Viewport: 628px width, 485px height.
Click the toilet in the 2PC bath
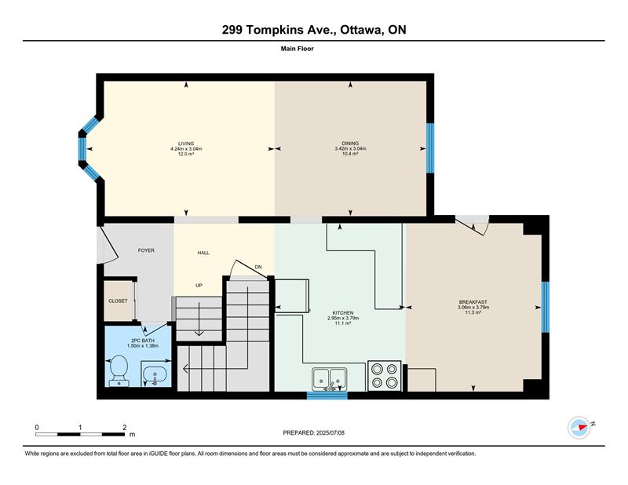pyautogui.click(x=119, y=370)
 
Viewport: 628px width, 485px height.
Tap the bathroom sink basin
pyautogui.click(x=154, y=374)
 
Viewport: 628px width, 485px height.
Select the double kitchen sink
pyautogui.click(x=330, y=378)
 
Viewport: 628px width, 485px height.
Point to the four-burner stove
pyautogui.click(x=384, y=376)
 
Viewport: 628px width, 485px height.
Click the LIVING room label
pyautogui.click(x=186, y=144)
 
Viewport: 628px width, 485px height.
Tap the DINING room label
pyautogui.click(x=350, y=144)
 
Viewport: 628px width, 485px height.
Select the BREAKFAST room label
pyautogui.click(x=473, y=302)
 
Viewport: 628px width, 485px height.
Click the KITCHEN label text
pyautogui.click(x=343, y=313)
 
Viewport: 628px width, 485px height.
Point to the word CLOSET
pyautogui.click(x=119, y=301)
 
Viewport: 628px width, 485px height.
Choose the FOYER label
pyautogui.click(x=146, y=250)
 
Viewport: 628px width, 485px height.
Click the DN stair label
pyautogui.click(x=258, y=267)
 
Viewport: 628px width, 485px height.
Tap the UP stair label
pyautogui.click(x=199, y=286)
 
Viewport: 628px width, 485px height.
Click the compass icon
pyautogui.click(x=579, y=428)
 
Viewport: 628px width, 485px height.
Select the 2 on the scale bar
pyautogui.click(x=125, y=428)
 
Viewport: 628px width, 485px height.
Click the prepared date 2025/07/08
pyautogui.click(x=330, y=433)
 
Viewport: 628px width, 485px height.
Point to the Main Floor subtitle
pyautogui.click(x=298, y=49)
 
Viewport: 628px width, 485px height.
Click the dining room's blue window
pyautogui.click(x=430, y=148)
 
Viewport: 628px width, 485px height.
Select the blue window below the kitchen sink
pyautogui.click(x=327, y=396)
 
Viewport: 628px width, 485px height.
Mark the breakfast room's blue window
pyautogui.click(x=545, y=307)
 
